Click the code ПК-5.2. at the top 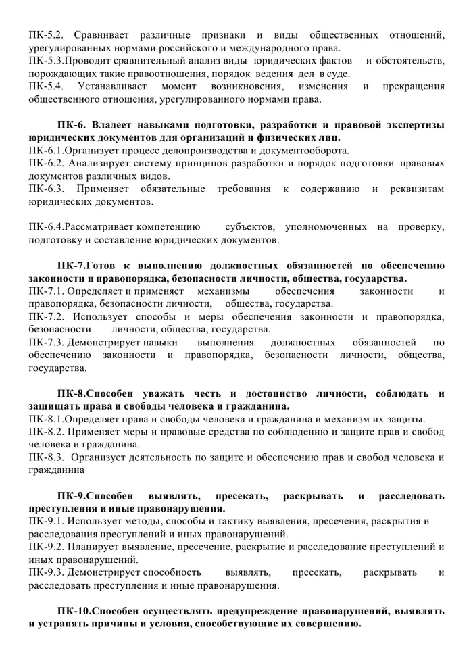[x=46, y=34]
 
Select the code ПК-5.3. [x=47, y=61]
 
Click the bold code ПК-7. [x=71, y=265]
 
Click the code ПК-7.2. [x=46, y=316]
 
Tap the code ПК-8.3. [x=46, y=457]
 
